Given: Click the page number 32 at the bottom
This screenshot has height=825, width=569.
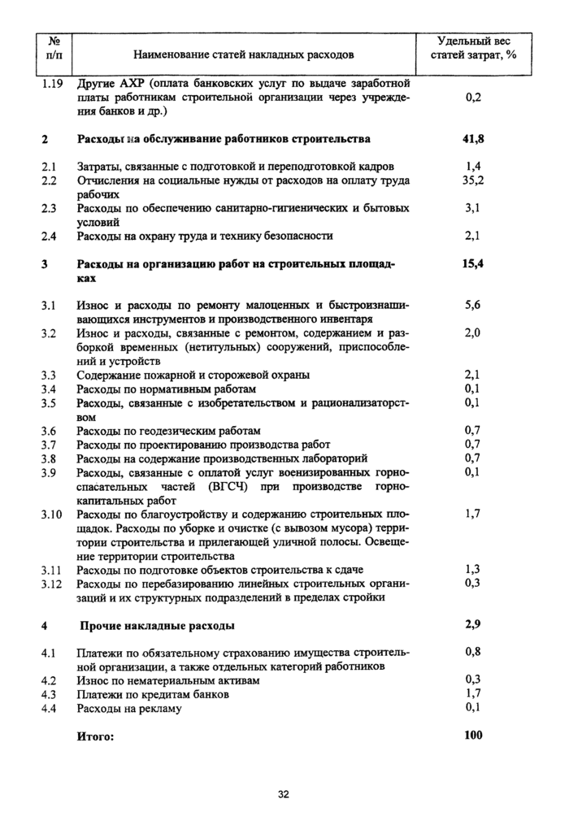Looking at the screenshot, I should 284,794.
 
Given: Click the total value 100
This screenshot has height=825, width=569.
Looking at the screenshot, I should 472,736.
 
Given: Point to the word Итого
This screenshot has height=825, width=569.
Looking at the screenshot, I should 95,736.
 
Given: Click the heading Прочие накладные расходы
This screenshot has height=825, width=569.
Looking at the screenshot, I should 158,626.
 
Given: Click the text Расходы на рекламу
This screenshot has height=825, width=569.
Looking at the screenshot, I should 129,708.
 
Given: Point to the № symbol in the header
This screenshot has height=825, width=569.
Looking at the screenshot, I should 54,40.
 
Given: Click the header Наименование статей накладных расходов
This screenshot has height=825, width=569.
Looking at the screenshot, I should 244,54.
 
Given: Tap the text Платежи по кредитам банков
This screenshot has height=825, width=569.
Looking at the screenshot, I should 153,694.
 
